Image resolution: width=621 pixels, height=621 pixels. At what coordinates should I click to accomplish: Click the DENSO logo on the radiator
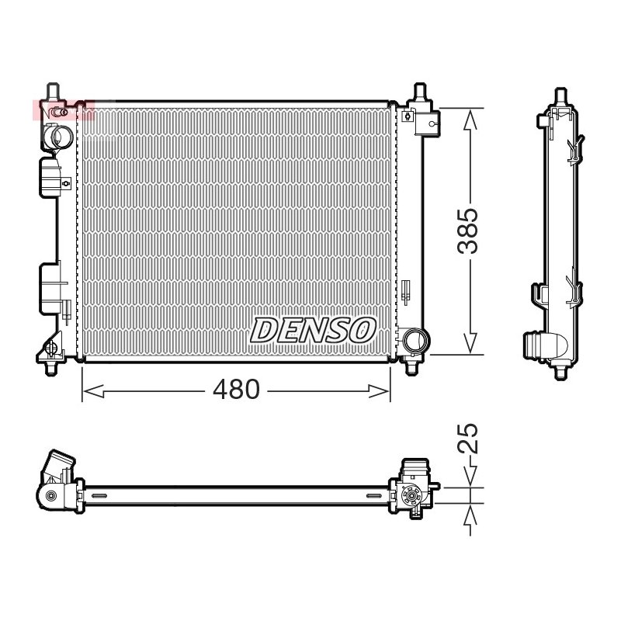click(313, 330)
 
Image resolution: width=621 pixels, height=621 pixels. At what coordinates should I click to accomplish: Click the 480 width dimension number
click(236, 390)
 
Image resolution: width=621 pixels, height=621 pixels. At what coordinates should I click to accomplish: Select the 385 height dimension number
click(468, 231)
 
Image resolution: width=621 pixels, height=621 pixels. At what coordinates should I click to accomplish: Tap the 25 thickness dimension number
click(468, 439)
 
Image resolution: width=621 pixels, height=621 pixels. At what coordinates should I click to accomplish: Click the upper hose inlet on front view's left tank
click(57, 136)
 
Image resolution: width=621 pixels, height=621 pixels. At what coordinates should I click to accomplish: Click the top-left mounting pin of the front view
click(53, 92)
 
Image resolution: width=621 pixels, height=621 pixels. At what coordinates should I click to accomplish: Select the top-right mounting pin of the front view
click(420, 92)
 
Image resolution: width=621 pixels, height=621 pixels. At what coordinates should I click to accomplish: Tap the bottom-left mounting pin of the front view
click(51, 367)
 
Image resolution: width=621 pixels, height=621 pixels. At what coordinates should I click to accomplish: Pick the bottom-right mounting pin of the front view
click(411, 366)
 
